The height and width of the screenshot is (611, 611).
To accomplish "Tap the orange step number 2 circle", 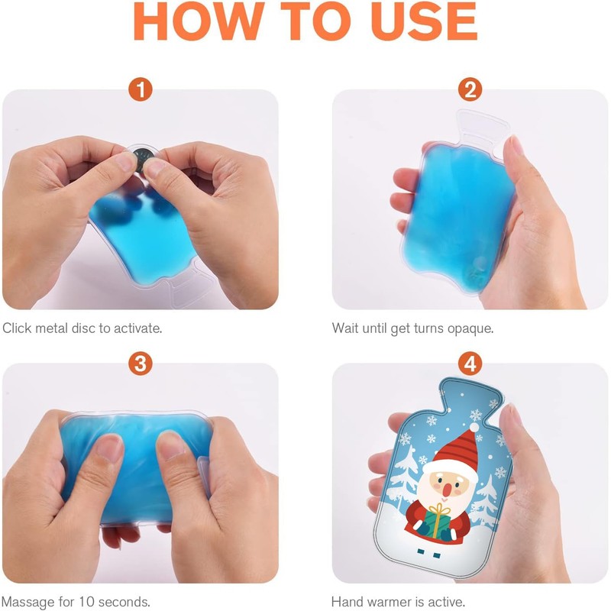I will [470, 90].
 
